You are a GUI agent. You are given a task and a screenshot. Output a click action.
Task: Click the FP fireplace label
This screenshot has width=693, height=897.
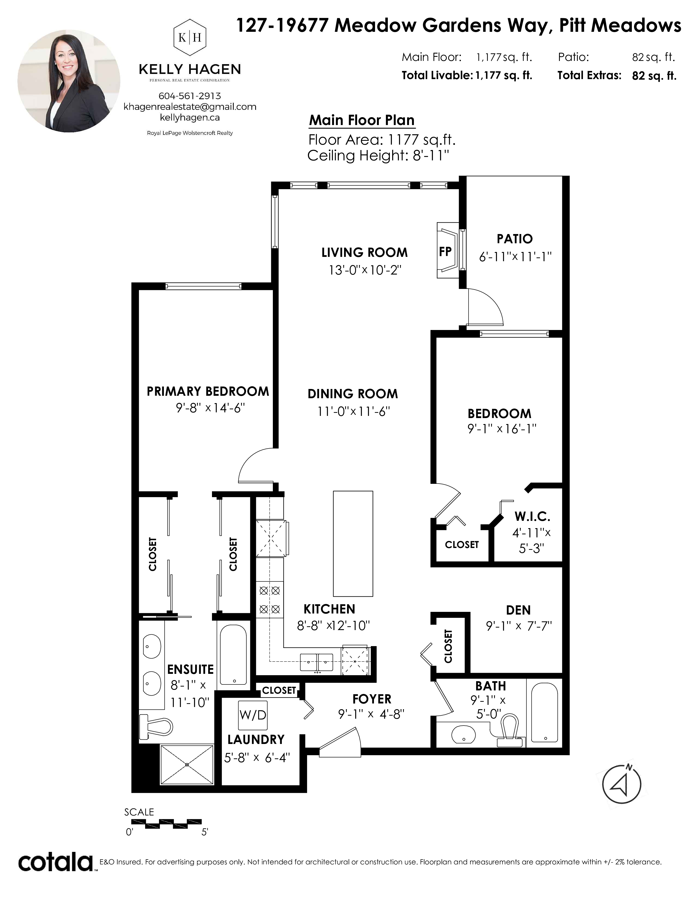445,251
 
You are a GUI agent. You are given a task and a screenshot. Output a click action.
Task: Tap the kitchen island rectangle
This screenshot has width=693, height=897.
353,543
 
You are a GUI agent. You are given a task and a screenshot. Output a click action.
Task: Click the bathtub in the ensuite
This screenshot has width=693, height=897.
233,656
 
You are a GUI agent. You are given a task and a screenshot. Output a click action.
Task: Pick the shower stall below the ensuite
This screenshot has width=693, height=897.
187,764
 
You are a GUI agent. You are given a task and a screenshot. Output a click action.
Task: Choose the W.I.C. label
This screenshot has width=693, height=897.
532,516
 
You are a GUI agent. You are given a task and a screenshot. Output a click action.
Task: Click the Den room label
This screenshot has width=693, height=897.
518,610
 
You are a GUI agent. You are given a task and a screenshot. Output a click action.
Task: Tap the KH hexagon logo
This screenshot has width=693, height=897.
190,38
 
